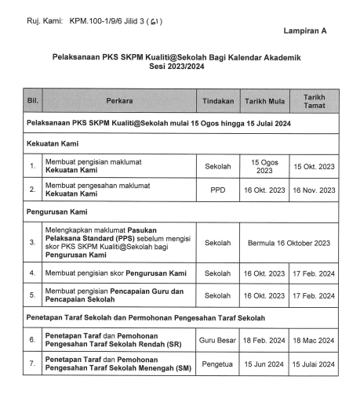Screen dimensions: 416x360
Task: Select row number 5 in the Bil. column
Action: pyautogui.click(x=32, y=296)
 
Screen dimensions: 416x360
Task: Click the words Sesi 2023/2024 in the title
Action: pyautogui.click(x=176, y=67)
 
